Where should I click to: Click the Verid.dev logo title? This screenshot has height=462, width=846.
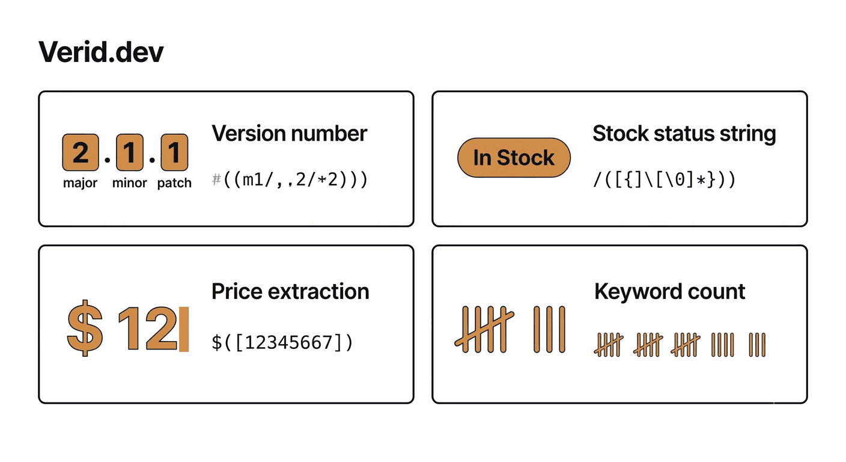101,52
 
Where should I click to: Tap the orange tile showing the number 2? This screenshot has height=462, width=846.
81,152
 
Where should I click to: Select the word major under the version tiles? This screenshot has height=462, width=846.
80,183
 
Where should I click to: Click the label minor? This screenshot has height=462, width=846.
130,183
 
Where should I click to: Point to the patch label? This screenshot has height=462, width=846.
174,183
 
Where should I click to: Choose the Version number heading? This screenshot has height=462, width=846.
289,133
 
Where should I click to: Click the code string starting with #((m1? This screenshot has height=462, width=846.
290,179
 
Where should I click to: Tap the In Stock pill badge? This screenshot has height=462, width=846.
514,158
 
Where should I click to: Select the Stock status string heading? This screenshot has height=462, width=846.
684,134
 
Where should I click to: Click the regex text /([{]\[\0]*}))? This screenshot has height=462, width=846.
665,179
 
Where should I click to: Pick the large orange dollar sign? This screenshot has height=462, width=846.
85,328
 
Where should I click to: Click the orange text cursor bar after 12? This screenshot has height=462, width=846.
184,329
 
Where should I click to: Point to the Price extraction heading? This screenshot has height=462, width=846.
290,292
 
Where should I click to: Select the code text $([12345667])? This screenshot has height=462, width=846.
282,342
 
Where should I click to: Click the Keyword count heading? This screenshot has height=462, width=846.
669,292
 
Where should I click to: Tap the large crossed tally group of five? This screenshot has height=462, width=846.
484,329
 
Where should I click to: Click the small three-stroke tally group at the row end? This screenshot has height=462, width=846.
757,345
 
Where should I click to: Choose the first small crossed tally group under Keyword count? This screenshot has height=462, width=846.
609,345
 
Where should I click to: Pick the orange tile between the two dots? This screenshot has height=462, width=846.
130,152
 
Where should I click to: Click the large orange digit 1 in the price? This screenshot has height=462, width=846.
129,328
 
